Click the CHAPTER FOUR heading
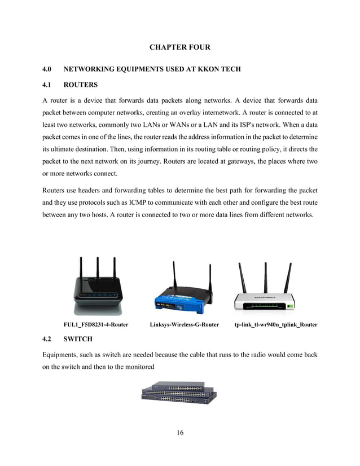point(179,46)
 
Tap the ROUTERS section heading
point(81,85)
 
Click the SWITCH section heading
point(80,340)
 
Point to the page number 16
point(179,433)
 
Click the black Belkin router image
point(96,288)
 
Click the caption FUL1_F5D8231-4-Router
point(95,324)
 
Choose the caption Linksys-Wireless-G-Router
point(184,324)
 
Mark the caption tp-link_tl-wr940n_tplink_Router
point(275,324)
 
